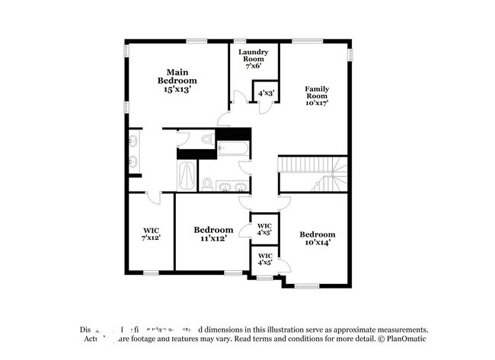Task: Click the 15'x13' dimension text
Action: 177,89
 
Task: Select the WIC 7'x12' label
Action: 150,234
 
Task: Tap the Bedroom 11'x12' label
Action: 212,234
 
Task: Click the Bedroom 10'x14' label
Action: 317,238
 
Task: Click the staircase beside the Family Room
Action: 312,173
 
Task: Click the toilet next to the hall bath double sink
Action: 206,183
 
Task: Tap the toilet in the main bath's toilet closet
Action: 207,139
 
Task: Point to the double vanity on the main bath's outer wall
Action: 133,151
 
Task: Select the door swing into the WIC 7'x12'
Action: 152,198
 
